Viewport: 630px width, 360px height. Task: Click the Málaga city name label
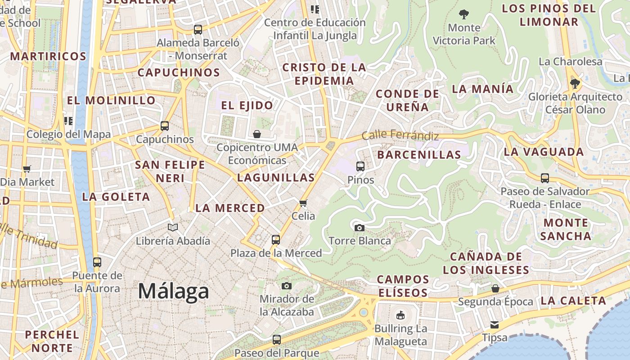tap(173, 291)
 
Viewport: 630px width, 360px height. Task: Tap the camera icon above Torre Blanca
tap(359, 228)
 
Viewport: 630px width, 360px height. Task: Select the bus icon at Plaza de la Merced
tap(276, 240)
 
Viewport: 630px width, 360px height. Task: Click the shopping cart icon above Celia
tap(303, 203)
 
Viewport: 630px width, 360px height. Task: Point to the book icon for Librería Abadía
tap(173, 228)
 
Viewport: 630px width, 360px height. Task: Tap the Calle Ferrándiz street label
tap(400, 135)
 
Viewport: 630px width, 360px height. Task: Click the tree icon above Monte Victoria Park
tap(463, 14)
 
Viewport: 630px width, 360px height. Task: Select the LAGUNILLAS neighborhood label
tap(276, 177)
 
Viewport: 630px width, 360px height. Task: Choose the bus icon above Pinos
tap(360, 166)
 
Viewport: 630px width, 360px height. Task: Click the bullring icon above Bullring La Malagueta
tap(400, 315)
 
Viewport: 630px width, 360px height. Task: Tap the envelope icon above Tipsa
tap(495, 324)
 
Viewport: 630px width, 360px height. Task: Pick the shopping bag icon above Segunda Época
tap(495, 288)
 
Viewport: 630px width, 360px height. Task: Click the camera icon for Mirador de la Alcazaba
tap(286, 286)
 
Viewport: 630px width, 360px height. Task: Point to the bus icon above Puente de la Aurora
tap(97, 262)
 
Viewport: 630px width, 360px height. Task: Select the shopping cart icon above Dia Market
tap(27, 169)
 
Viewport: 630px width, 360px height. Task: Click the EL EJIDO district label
tap(247, 106)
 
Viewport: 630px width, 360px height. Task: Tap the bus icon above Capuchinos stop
tap(165, 126)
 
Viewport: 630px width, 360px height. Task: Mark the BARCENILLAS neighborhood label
tap(419, 155)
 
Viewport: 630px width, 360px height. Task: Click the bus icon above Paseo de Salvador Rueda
tap(545, 178)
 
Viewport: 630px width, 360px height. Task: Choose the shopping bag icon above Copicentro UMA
tap(256, 134)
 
